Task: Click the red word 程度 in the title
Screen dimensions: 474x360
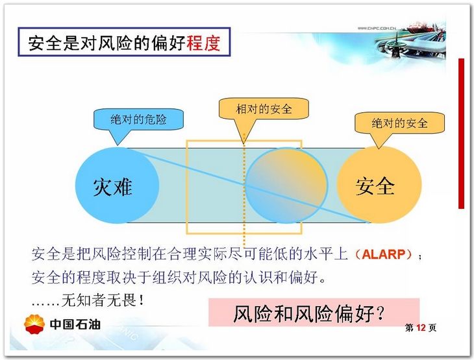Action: point(203,43)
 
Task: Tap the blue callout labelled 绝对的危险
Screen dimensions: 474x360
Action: point(138,120)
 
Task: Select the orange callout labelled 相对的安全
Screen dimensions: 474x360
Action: point(264,109)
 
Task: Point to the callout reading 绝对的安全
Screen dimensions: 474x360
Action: point(399,123)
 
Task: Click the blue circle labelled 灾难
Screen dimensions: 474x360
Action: point(117,186)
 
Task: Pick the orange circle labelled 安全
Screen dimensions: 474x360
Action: point(379,185)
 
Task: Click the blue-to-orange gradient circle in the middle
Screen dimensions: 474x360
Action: point(286,186)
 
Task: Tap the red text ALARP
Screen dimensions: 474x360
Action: point(383,254)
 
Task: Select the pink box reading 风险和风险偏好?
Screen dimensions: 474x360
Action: point(314,312)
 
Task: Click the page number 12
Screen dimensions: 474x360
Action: point(421,328)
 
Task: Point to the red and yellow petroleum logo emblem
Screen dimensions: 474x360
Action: point(34,324)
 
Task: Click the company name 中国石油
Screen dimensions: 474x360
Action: point(75,324)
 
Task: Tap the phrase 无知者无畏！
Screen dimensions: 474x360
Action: point(103,300)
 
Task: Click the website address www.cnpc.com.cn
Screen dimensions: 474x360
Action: point(377,28)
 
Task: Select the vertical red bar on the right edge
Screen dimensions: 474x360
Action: point(461,134)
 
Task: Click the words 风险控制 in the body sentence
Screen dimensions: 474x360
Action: point(121,254)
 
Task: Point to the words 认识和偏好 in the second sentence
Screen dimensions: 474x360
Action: point(281,277)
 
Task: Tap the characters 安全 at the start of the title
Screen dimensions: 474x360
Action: point(45,43)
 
